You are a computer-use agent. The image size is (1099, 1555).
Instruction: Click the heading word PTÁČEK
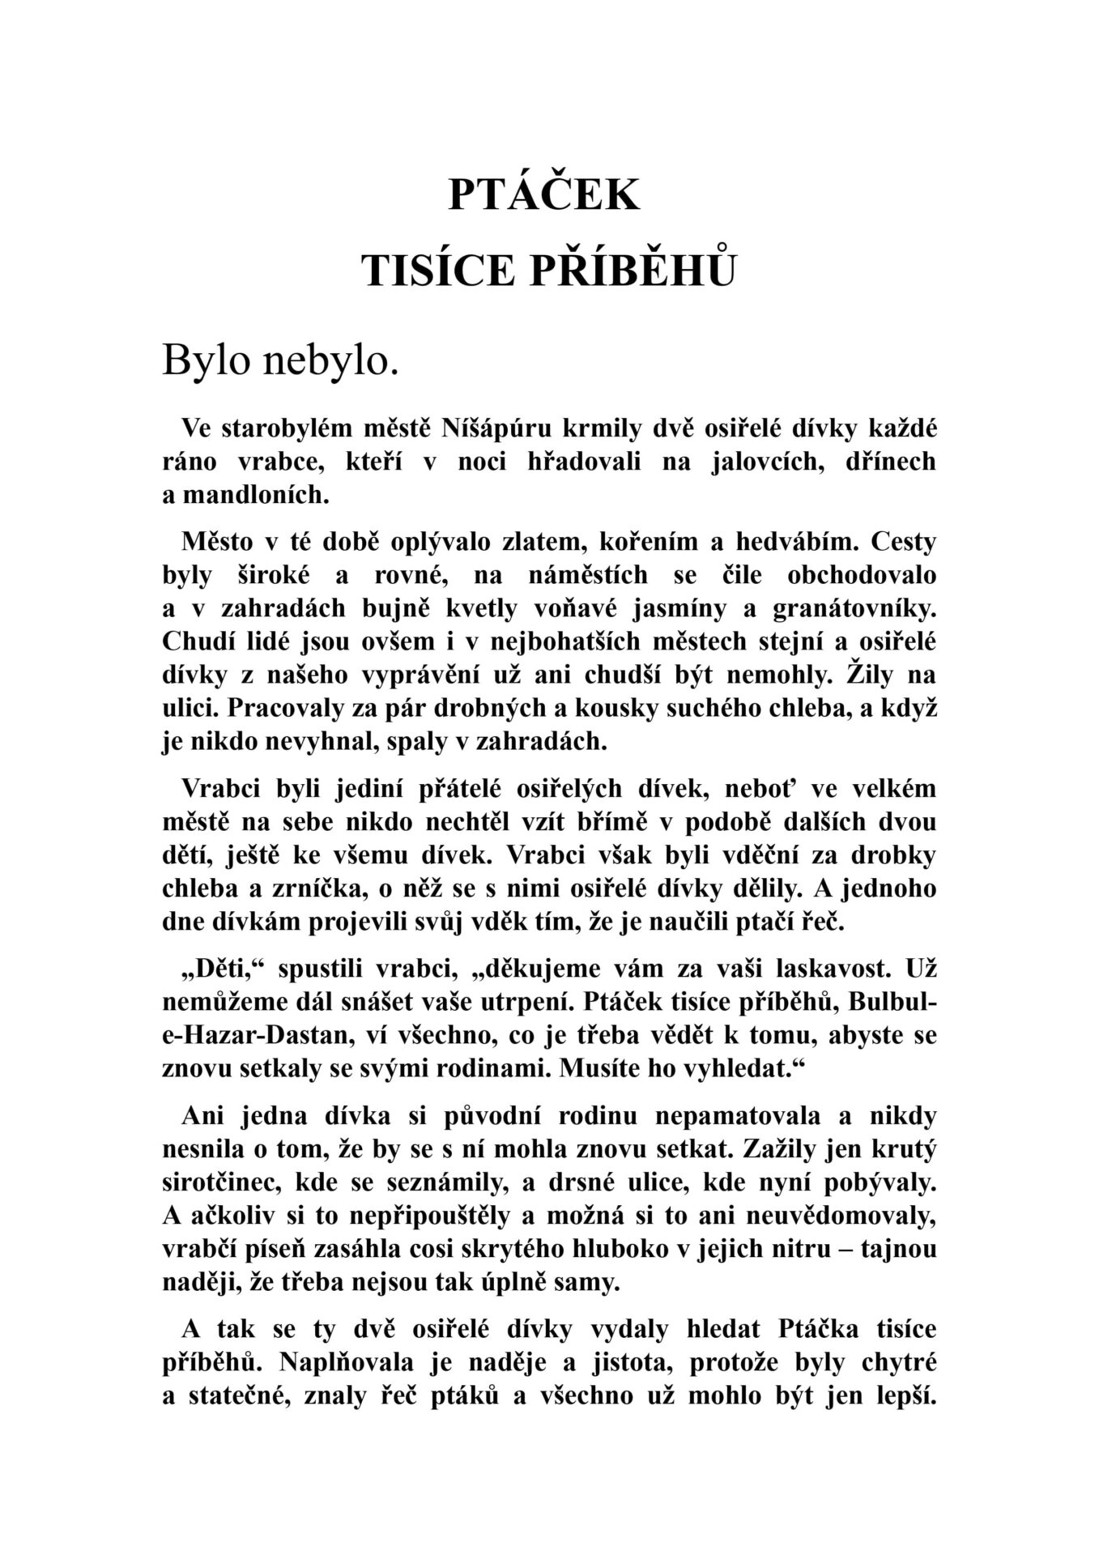(543, 195)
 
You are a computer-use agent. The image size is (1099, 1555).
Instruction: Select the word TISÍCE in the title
(438, 270)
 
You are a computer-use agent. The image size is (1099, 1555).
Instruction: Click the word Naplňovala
(350, 1362)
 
